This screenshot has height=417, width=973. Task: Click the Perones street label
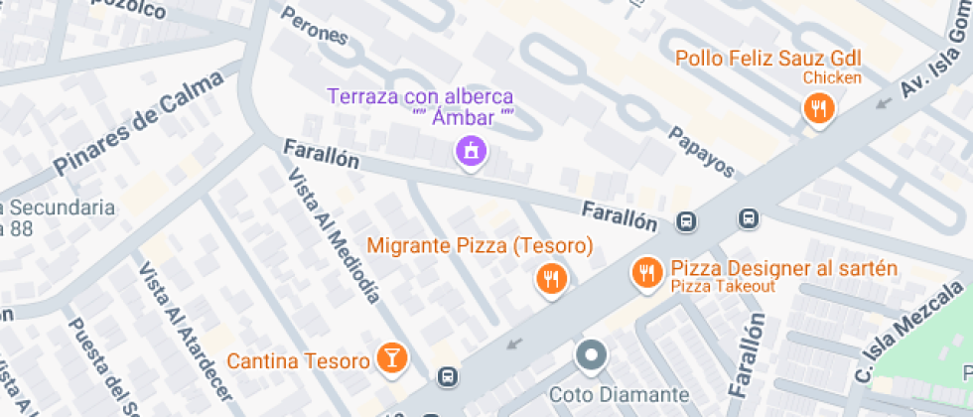point(315,27)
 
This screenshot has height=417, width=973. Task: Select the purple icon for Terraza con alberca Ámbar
point(470,152)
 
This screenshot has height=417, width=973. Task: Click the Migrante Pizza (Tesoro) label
point(480,245)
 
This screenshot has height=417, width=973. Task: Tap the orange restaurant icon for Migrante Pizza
point(550,279)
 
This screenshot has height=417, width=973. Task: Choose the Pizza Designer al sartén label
point(783,268)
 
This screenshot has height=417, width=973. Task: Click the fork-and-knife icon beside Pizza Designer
point(646,271)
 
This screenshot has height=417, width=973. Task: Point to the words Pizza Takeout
point(722,286)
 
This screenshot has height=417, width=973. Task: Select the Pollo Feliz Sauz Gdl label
point(767,58)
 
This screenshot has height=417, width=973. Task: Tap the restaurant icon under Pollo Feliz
point(818,108)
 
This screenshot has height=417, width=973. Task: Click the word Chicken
point(832,77)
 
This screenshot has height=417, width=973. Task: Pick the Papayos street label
point(700,152)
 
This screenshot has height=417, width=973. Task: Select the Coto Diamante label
point(632,395)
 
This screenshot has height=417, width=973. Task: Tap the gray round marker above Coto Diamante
point(593,354)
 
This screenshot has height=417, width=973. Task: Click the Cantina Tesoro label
point(298,360)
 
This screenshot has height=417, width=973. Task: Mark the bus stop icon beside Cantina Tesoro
point(448,376)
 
